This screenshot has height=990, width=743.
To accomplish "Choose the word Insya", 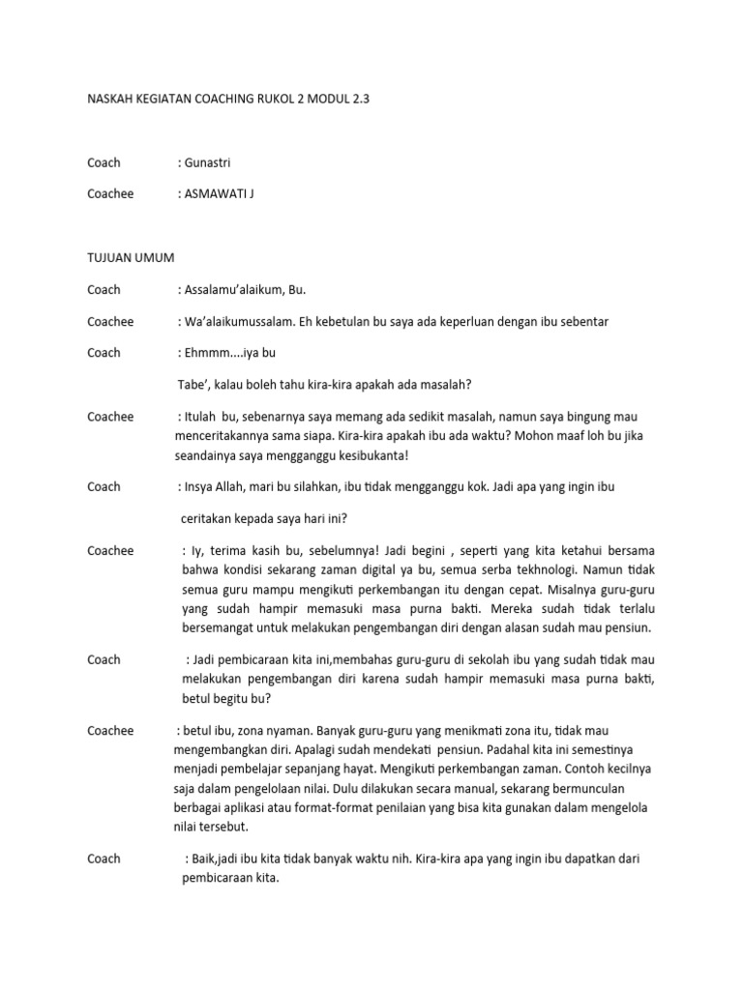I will tap(201, 487).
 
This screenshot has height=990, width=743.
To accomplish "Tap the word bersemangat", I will tap(218, 626).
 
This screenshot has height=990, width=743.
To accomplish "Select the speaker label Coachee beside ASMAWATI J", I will tap(110, 194).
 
